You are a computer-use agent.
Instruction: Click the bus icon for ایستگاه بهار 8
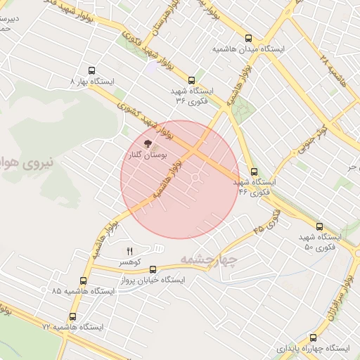(x=91, y=70)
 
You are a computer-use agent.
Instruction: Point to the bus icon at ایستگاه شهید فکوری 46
(x=254, y=171)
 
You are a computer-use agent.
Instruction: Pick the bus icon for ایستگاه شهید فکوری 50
(x=319, y=227)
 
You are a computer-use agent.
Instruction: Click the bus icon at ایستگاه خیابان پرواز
(x=153, y=269)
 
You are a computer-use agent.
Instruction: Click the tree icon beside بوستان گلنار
(x=157, y=143)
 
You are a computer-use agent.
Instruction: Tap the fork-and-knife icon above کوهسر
(x=129, y=251)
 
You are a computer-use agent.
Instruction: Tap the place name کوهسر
(x=129, y=262)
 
